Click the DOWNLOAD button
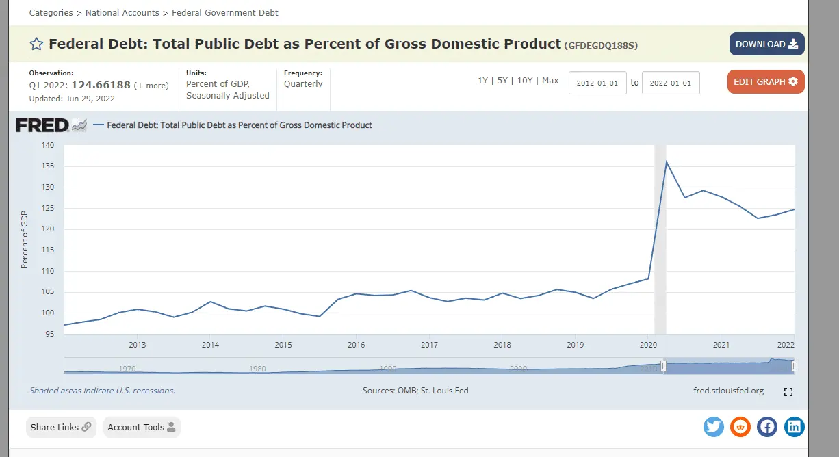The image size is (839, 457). pyautogui.click(x=766, y=44)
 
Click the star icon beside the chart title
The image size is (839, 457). pyautogui.click(x=36, y=44)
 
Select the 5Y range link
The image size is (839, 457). pyautogui.click(x=502, y=81)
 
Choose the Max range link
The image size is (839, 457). pyautogui.click(x=550, y=81)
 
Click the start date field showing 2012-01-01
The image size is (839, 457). pyautogui.click(x=597, y=83)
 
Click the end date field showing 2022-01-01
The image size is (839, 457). pyautogui.click(x=671, y=83)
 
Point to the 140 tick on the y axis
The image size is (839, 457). pyautogui.click(x=47, y=145)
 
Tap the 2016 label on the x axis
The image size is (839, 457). pyautogui.click(x=356, y=345)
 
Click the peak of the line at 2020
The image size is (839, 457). pyautogui.click(x=667, y=161)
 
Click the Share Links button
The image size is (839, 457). pyautogui.click(x=61, y=427)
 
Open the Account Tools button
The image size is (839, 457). pyautogui.click(x=142, y=427)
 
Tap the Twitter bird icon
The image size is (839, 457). pyautogui.click(x=714, y=427)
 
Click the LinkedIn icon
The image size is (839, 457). pyautogui.click(x=794, y=427)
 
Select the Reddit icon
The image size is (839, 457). pyautogui.click(x=740, y=427)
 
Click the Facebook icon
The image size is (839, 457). pyautogui.click(x=767, y=427)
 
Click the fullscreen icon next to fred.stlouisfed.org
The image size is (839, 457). pyautogui.click(x=788, y=392)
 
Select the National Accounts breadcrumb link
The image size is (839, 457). pyautogui.click(x=122, y=12)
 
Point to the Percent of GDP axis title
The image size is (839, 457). pyautogui.click(x=25, y=239)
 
